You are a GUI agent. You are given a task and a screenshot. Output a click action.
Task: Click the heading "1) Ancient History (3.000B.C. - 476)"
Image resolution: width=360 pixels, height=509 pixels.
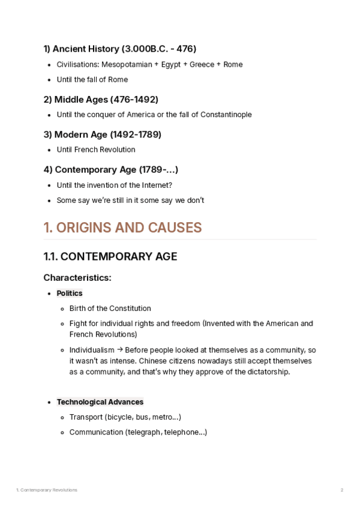pyautogui.click(x=119, y=49)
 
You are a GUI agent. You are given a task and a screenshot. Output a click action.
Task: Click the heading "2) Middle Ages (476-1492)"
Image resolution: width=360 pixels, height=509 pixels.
pyautogui.click(x=101, y=99)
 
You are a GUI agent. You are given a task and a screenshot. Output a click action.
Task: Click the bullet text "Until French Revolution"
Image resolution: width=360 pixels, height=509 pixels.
pyautogui.click(x=96, y=149)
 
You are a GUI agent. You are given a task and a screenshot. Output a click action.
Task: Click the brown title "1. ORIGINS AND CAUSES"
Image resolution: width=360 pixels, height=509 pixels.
pyautogui.click(x=122, y=228)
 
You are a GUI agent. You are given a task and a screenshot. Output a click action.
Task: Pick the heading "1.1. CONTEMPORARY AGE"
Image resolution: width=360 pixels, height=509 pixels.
pyautogui.click(x=110, y=257)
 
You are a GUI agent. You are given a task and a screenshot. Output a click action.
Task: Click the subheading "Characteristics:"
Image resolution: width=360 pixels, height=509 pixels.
pyautogui.click(x=77, y=278)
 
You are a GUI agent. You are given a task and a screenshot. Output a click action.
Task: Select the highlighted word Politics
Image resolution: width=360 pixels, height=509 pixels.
pyautogui.click(x=70, y=294)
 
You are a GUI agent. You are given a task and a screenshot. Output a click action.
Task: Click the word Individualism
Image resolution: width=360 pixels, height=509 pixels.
pyautogui.click(x=92, y=350)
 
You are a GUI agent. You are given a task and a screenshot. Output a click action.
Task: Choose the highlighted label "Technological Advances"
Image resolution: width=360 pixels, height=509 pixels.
pyautogui.click(x=100, y=402)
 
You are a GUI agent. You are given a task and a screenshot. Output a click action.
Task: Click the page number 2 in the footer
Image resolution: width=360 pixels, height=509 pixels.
pyautogui.click(x=342, y=490)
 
